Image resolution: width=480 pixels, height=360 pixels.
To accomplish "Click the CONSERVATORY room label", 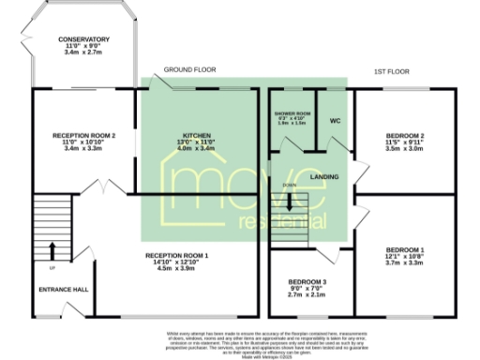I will (83, 39).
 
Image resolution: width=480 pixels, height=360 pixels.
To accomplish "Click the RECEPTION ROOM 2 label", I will (83, 135).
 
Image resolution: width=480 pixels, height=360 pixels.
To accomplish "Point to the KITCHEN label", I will (196, 135).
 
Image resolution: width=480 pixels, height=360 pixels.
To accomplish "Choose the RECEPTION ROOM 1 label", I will (176, 255).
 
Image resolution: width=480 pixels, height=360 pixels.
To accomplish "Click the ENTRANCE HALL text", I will (63, 289).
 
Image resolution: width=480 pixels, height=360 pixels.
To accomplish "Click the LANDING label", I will (323, 176).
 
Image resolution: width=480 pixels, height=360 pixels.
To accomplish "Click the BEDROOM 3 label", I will (307, 281).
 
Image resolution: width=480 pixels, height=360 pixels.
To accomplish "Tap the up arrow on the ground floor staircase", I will (52, 248).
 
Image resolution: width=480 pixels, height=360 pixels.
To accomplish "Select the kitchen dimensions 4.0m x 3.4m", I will (196, 148).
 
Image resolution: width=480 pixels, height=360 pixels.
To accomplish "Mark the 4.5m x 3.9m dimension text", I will (176, 268).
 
